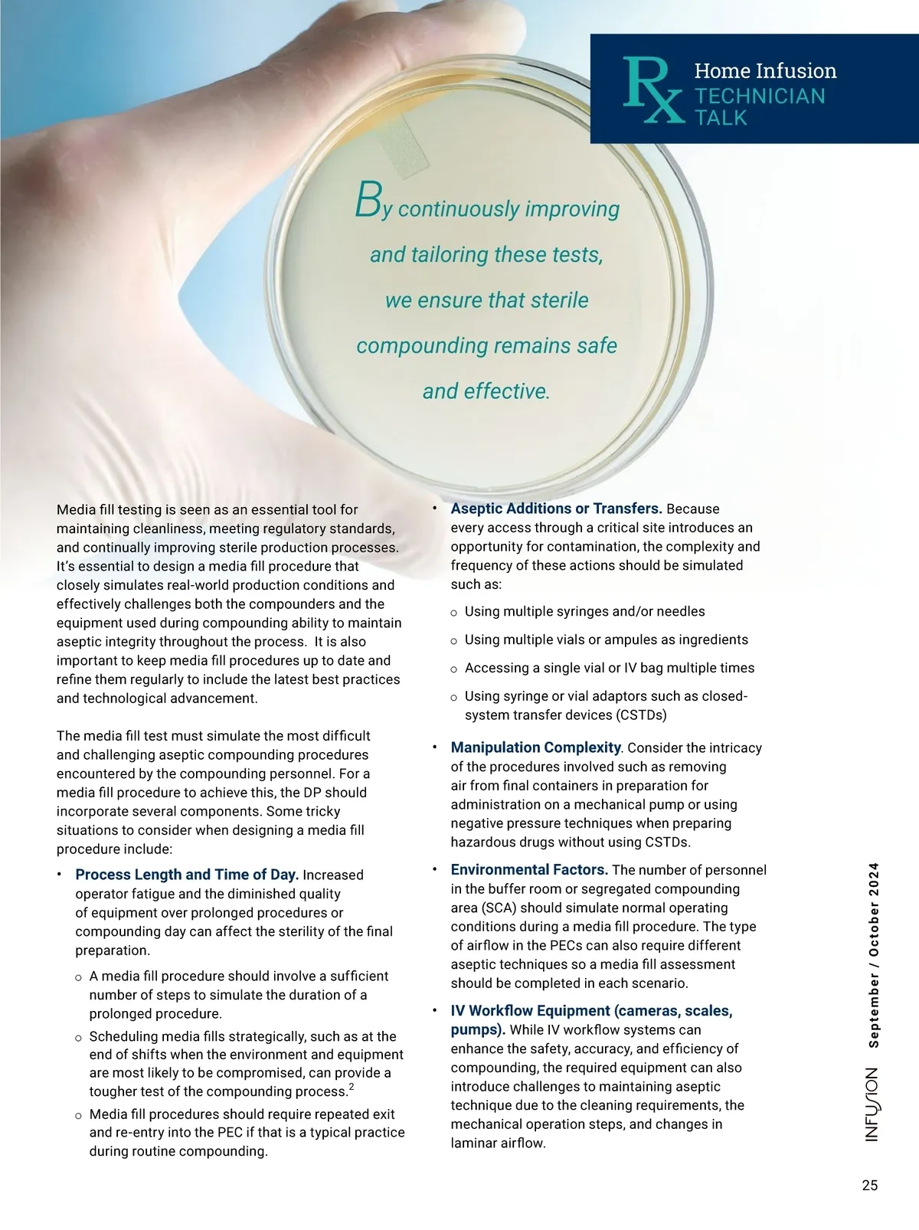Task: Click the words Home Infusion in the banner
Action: [x=765, y=71]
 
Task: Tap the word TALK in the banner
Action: [x=721, y=118]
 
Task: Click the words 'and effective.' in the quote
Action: [x=486, y=391]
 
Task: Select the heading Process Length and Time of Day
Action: [x=187, y=875]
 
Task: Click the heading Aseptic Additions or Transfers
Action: [x=556, y=509]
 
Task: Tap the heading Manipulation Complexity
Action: [x=535, y=747]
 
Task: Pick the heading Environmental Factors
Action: [x=529, y=870]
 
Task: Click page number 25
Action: [x=869, y=1186]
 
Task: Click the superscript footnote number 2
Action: [x=351, y=1088]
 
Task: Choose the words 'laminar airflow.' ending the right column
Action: [x=498, y=1143]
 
